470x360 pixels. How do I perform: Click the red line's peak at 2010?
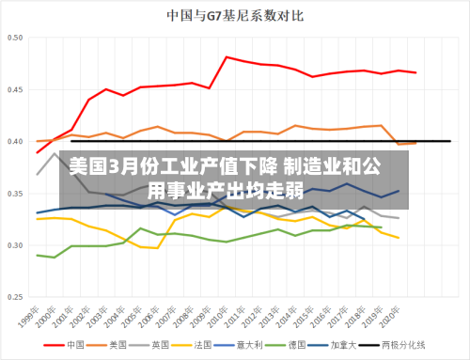point(227,57)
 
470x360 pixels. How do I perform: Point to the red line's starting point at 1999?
point(38,152)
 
